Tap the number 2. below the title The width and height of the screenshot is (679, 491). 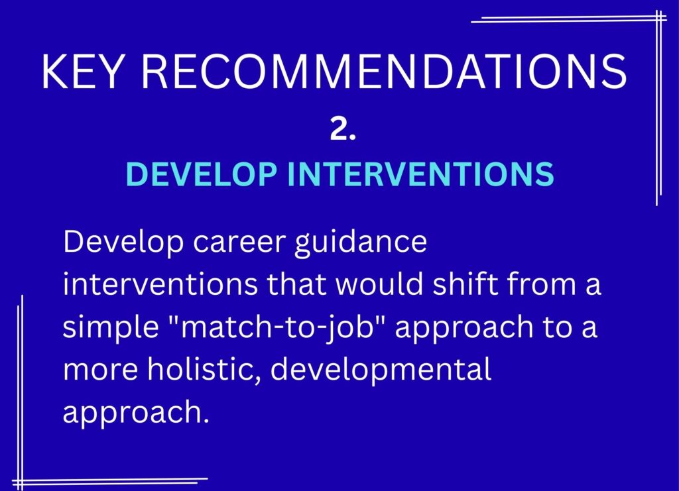[x=343, y=131]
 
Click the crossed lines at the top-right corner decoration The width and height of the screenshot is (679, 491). [x=658, y=19]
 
